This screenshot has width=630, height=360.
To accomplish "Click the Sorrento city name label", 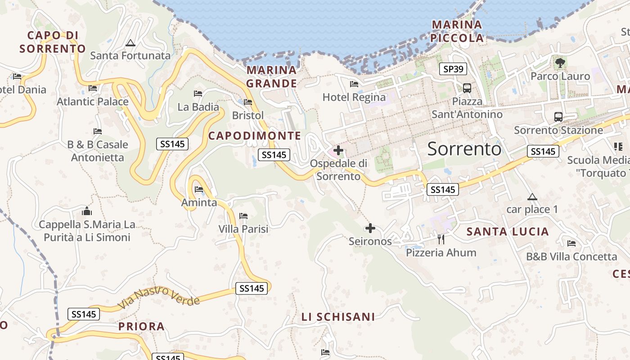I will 464,148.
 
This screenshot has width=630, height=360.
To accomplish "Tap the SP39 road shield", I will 453,69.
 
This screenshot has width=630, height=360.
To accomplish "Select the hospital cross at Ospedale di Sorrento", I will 338,150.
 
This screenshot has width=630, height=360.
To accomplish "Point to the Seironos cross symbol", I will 370,229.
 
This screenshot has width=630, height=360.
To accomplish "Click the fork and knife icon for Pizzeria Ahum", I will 441,239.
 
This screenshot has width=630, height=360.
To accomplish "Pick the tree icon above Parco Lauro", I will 560,63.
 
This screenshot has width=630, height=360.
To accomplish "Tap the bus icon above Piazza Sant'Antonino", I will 467,88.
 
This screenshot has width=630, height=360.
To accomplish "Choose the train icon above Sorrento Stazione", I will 558,117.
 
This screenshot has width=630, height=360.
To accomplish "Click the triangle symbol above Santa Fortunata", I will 130,43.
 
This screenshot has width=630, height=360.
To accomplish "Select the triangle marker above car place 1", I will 532,197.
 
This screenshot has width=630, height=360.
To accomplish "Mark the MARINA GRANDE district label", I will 272,76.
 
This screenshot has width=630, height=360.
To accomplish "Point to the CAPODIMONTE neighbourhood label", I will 255,135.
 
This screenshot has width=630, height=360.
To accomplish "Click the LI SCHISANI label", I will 338,317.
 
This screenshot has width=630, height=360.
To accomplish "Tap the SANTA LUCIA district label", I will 508,232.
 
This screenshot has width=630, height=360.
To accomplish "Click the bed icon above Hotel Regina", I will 354,84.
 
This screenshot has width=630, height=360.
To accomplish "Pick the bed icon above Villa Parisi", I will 243,216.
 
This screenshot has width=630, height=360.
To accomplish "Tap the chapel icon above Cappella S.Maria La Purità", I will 87,211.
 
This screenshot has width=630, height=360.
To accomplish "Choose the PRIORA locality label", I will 141,326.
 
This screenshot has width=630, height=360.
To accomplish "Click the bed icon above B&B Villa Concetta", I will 571,243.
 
